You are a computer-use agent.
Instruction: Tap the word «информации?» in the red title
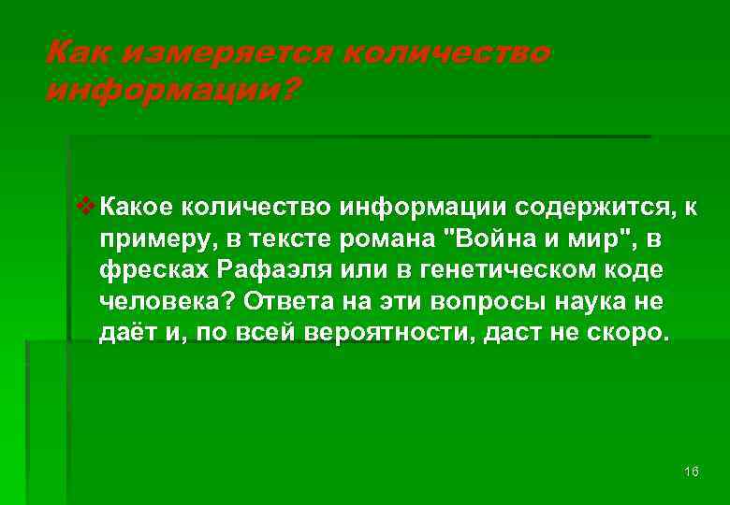coord(173,91)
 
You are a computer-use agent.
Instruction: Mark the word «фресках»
coord(153,270)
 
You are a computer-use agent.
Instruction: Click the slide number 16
coord(692,470)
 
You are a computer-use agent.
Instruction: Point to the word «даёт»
coord(126,334)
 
